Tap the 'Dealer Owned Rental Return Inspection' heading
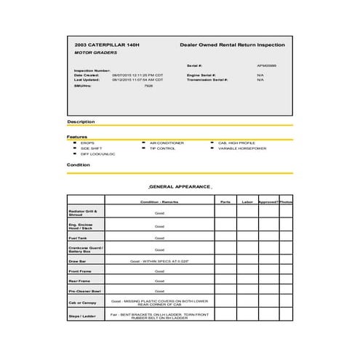[x=232, y=45]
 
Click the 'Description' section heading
[x=81, y=121]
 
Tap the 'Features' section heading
[x=77, y=137]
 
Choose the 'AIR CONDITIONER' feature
[x=167, y=143]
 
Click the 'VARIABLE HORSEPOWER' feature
[x=243, y=148]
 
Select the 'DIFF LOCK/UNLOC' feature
[x=97, y=154]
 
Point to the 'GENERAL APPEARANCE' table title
[x=179, y=187]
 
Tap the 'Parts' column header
[x=225, y=201]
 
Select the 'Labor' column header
[x=247, y=201]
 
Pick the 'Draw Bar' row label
[x=77, y=260]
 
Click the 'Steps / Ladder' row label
[x=81, y=316]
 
